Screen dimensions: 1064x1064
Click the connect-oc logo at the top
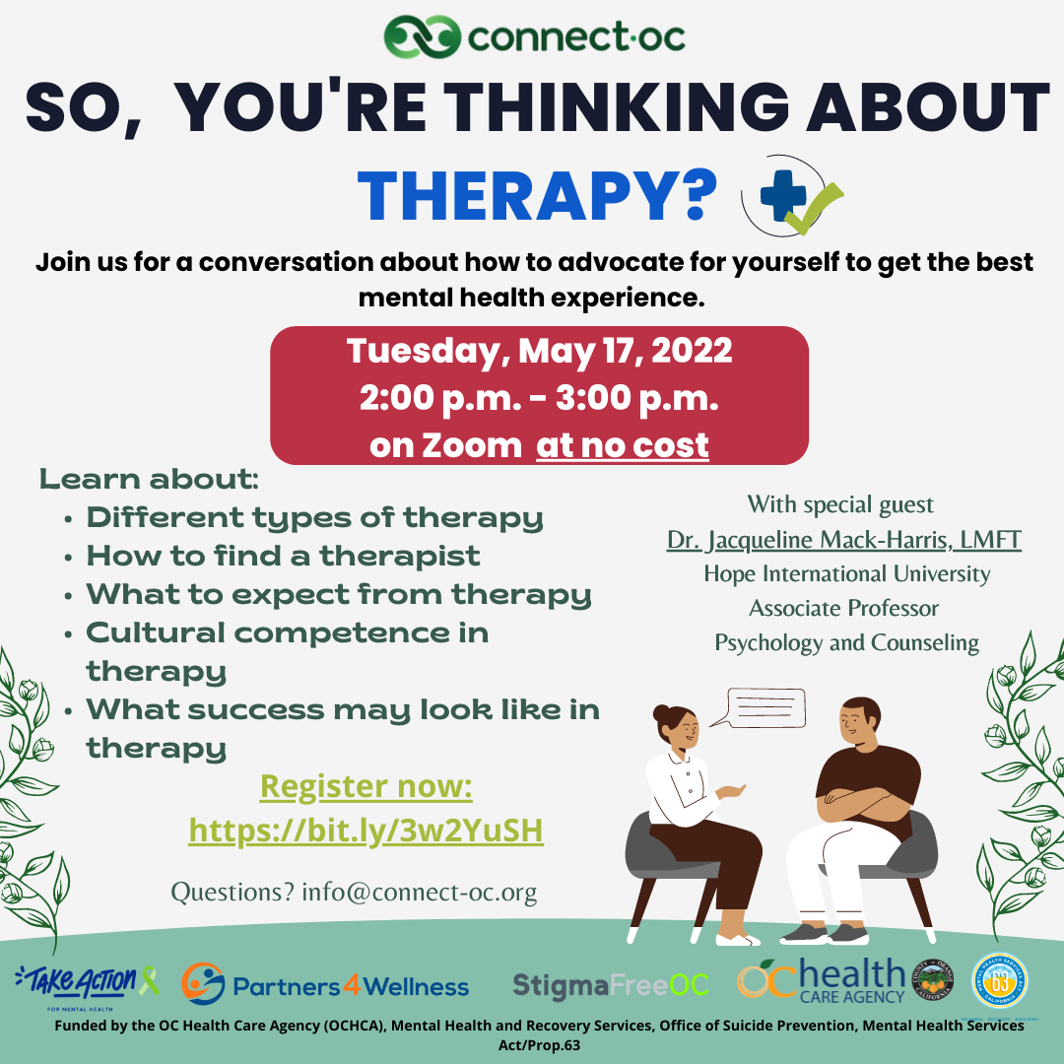click(x=534, y=38)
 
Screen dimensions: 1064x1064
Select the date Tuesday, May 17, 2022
click(x=539, y=352)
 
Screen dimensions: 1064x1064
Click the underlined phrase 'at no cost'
click(x=622, y=445)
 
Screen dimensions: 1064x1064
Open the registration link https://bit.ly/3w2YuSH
click(x=366, y=831)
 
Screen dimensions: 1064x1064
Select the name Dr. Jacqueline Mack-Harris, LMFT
click(x=843, y=540)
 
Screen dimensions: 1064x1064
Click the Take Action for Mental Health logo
click(x=87, y=983)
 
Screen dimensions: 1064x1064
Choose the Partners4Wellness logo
click(x=325, y=985)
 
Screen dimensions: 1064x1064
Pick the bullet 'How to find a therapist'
click(x=283, y=556)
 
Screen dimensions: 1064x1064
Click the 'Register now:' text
click(x=366, y=787)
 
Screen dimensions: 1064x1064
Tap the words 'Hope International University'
click(x=846, y=573)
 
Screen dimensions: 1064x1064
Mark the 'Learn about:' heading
click(x=149, y=481)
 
